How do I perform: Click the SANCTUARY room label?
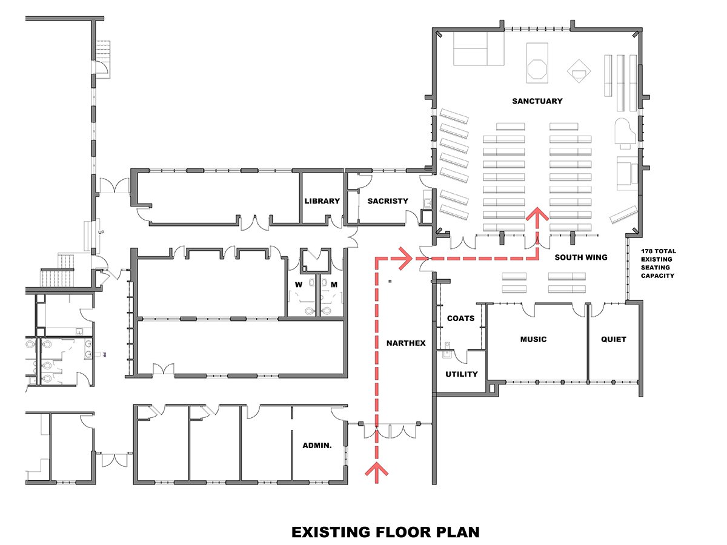click(x=537, y=101)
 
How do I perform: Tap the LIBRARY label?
click(x=322, y=201)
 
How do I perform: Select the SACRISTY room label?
click(x=388, y=201)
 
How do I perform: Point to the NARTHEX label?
click(x=406, y=343)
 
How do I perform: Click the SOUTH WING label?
click(x=581, y=257)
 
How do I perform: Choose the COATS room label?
click(x=460, y=318)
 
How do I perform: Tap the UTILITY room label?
click(x=462, y=374)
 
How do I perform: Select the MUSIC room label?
click(x=533, y=339)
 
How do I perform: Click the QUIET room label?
click(x=613, y=339)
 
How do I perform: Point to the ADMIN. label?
click(x=317, y=446)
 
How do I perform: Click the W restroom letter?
click(x=299, y=285)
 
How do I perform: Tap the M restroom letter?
click(x=334, y=285)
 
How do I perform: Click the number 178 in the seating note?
click(x=647, y=251)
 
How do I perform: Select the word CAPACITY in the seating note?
click(x=657, y=276)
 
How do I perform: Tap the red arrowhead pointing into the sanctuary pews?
click(x=537, y=213)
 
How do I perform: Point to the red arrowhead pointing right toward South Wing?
click(x=406, y=259)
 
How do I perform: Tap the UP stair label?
click(x=101, y=233)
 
